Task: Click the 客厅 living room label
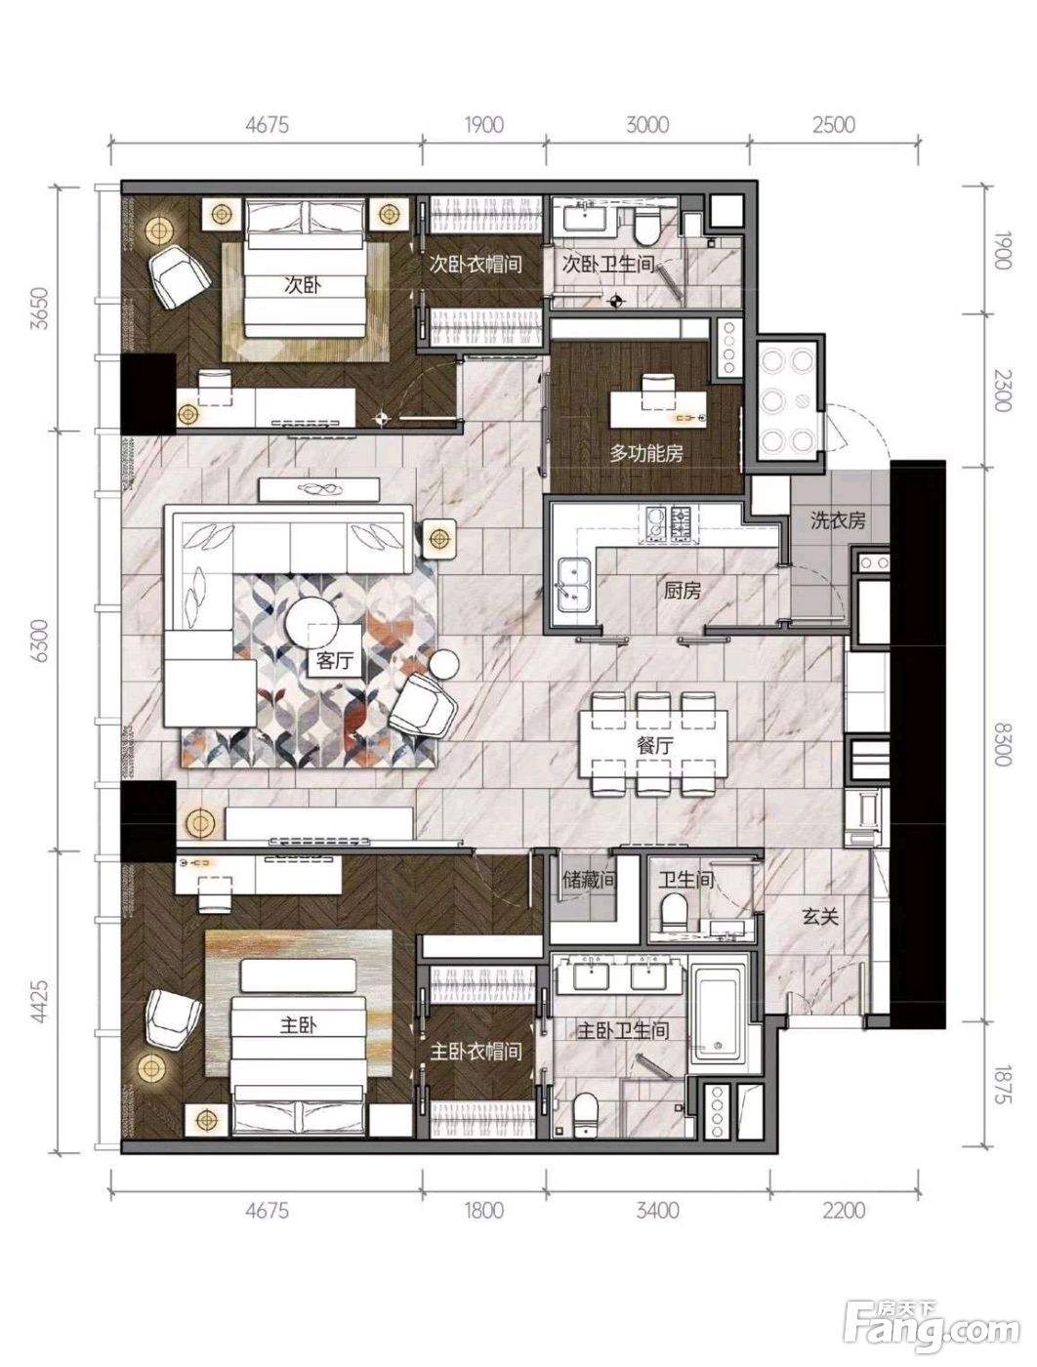point(335,660)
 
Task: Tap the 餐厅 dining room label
point(654,745)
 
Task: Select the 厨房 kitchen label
point(682,590)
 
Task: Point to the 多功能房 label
point(645,453)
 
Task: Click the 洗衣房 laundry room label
point(838,520)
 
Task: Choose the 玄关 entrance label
point(820,916)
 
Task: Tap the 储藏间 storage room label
point(589,879)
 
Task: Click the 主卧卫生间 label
point(623,1031)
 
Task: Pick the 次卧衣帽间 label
point(476,265)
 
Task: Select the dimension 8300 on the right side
point(1002,744)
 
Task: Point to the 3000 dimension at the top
point(647,125)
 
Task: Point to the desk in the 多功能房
point(658,408)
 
